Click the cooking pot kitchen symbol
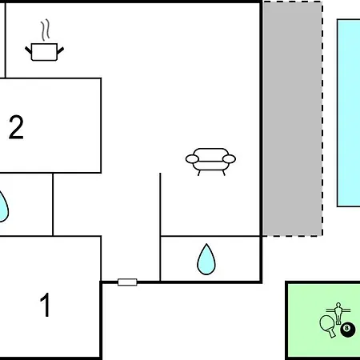[44, 52]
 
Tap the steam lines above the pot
[46, 30]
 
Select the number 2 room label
[16, 127]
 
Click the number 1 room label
[45, 305]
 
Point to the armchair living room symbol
[210, 162]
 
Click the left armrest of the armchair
[192, 159]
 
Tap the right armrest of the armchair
[229, 159]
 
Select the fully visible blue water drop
[206, 259]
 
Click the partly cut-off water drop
[3, 206]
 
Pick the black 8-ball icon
[348, 330]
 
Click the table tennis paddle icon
[327, 326]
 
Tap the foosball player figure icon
[338, 314]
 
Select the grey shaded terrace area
[292, 118]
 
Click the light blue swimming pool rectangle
[349, 113]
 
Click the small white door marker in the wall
[127, 282]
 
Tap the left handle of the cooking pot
[28, 50]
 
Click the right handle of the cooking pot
[61, 50]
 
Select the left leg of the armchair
[199, 173]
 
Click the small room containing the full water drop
[210, 258]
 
